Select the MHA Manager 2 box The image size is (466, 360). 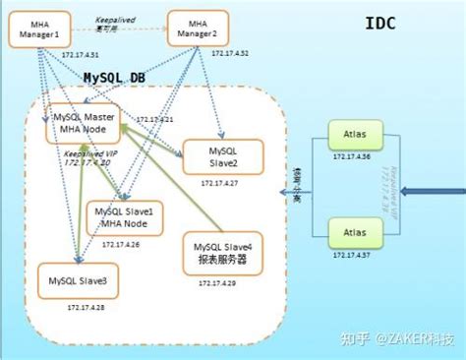198,30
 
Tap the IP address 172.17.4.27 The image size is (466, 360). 219,183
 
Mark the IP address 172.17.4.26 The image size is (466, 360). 121,245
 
